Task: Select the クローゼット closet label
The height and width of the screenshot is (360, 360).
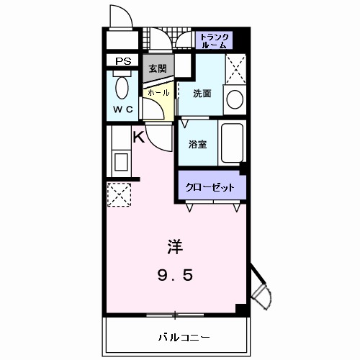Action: coord(210,186)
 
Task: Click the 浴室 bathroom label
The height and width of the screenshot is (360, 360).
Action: coord(198,144)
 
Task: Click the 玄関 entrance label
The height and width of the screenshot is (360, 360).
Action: coord(157,69)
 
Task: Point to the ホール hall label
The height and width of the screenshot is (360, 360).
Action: coord(158,93)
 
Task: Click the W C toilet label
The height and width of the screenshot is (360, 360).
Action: coord(122,110)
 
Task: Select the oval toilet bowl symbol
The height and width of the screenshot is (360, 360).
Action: coord(122,89)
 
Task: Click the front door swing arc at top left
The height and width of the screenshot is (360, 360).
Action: coord(120,19)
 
